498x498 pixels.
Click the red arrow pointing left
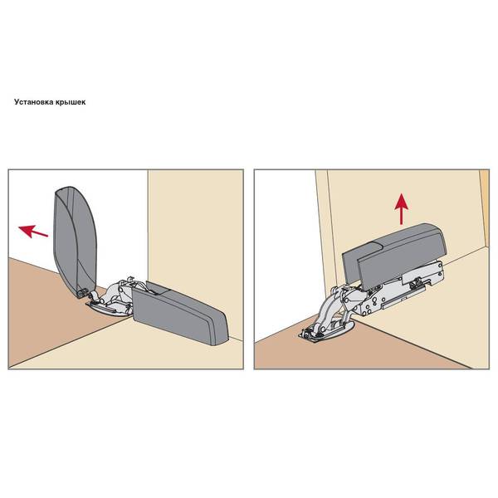coord(33,232)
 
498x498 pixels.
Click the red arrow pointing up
coord(402,209)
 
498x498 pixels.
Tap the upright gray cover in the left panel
coord(75,240)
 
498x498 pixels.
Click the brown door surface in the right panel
coord(349,353)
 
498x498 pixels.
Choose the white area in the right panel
coord(286,254)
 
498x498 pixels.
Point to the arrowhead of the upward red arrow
coord(402,201)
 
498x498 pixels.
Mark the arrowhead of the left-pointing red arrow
coord(26,230)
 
